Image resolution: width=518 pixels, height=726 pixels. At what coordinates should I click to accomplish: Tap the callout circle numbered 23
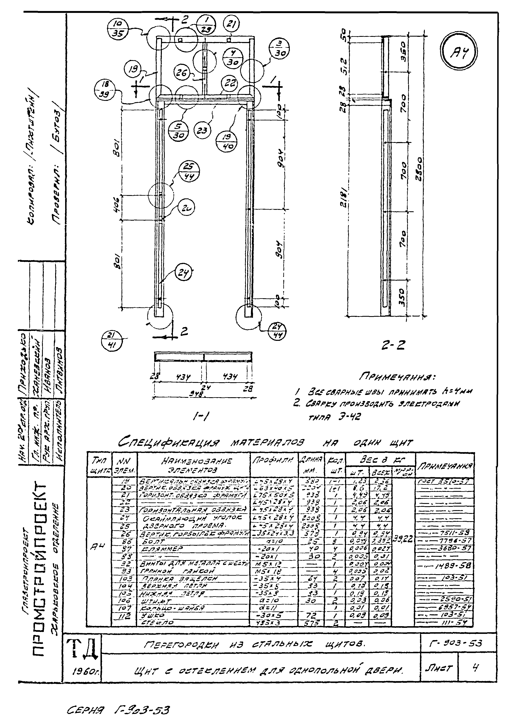point(202,130)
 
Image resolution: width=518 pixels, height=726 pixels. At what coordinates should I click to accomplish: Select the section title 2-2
point(393,345)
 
